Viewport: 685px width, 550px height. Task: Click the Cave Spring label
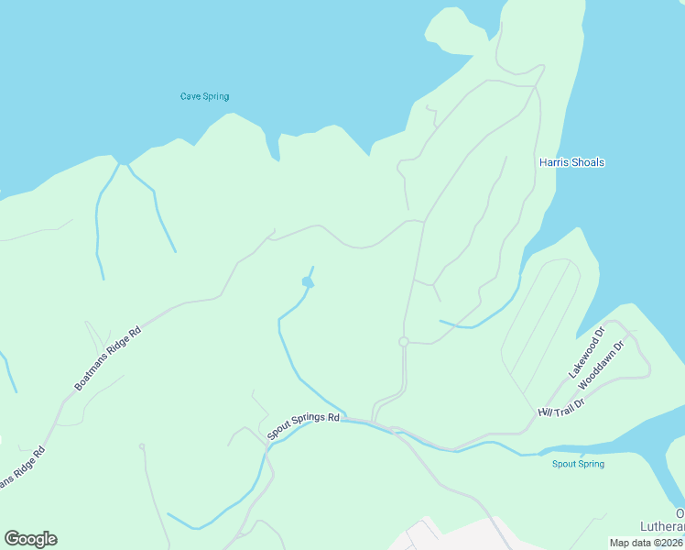[204, 96]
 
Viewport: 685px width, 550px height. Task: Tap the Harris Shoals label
[571, 163]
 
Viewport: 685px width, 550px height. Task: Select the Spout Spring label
[578, 464]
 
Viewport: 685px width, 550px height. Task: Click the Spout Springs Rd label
[303, 424]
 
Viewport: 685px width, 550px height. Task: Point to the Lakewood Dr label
[587, 352]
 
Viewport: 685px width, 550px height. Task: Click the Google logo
[30, 539]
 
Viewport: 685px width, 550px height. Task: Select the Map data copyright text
[647, 543]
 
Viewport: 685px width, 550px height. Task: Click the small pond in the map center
[308, 282]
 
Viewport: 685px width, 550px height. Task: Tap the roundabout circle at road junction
[403, 342]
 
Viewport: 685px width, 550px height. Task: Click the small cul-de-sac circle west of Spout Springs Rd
[142, 446]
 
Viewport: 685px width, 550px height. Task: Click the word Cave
[190, 96]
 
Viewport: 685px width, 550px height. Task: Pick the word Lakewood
[583, 357]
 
